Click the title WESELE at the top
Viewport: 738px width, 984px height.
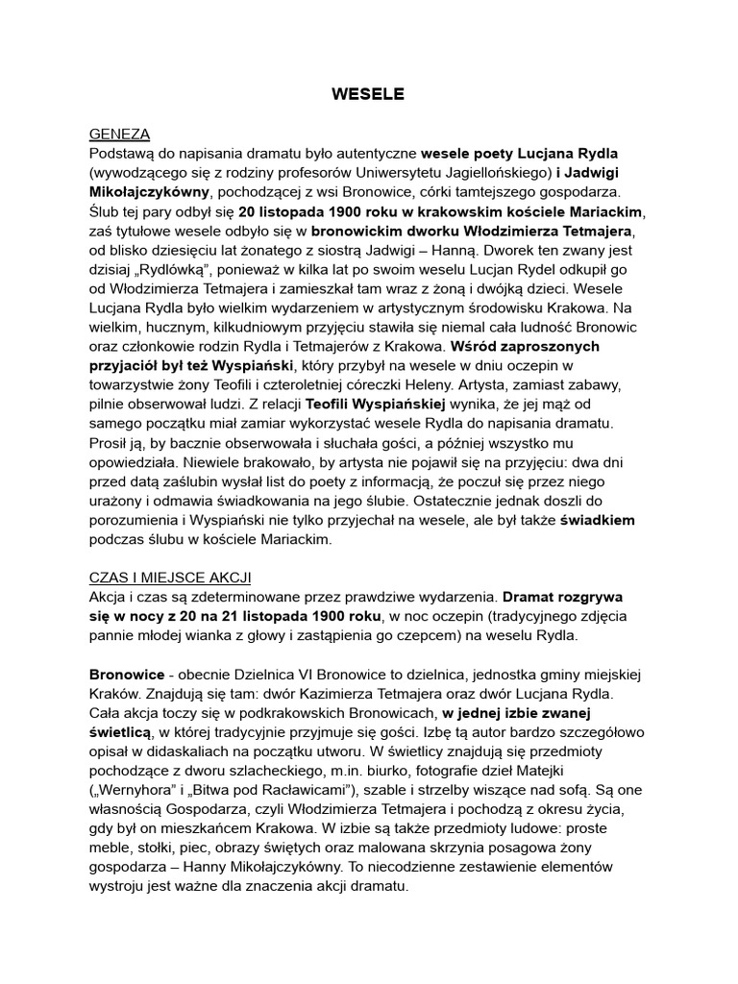point(368,94)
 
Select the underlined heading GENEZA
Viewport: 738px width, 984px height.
point(119,134)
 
